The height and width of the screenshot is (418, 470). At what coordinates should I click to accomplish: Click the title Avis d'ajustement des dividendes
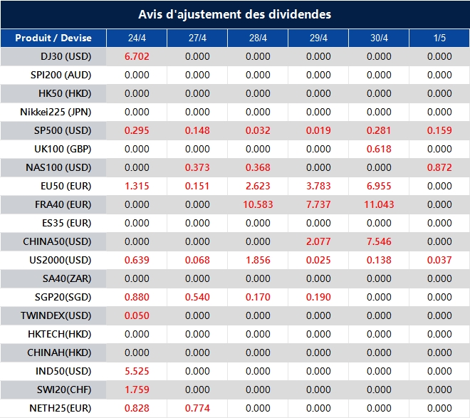click(x=234, y=14)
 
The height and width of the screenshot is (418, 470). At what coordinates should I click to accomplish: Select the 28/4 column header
click(x=258, y=38)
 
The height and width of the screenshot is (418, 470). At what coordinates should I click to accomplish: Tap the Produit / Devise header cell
click(x=53, y=38)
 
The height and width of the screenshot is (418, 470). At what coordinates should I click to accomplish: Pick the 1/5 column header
click(x=439, y=38)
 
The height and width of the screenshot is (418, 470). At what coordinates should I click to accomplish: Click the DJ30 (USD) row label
click(x=66, y=56)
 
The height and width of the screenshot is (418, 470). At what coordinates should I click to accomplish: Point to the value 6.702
click(x=137, y=56)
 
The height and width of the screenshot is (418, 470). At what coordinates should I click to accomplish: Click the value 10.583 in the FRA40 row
click(x=258, y=204)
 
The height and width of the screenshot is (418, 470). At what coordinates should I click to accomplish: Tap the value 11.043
click(x=379, y=204)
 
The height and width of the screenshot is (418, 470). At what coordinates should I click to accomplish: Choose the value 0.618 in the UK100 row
click(x=379, y=149)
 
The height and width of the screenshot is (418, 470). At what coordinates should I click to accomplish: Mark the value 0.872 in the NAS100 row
click(x=439, y=167)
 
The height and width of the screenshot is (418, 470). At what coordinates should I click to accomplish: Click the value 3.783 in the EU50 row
click(x=318, y=186)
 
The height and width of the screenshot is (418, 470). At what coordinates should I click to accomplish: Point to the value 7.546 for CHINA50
click(x=379, y=241)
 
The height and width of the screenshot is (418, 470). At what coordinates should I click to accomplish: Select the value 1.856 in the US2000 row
click(x=258, y=260)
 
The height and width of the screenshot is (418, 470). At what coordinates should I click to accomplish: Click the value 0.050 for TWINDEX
click(x=137, y=315)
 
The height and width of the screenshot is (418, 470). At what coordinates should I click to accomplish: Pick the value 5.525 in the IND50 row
click(x=137, y=371)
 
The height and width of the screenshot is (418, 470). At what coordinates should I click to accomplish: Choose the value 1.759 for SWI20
click(x=137, y=390)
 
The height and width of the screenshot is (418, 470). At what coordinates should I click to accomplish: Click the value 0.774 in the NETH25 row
click(x=197, y=408)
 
